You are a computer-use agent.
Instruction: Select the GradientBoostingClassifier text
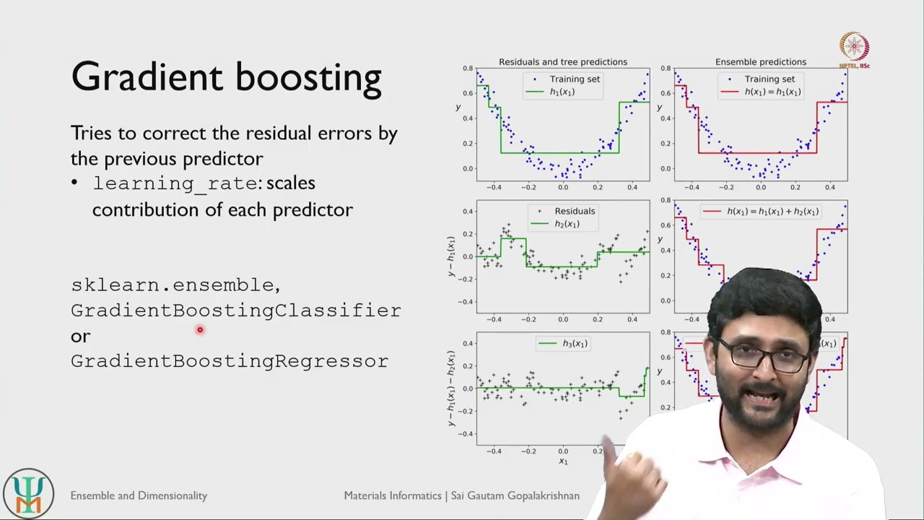235,311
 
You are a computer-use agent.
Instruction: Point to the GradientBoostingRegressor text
230,361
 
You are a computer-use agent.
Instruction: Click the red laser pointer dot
200,330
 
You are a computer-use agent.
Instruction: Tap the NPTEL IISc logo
854,50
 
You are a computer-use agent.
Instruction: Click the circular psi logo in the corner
28,494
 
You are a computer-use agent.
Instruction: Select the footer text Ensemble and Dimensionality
139,495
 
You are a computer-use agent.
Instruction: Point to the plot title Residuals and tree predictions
563,62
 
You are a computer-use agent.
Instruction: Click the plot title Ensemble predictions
761,62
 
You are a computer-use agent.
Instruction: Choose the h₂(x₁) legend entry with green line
555,224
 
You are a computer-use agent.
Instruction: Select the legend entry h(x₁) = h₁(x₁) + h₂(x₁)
762,212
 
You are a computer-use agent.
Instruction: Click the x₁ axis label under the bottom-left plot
563,461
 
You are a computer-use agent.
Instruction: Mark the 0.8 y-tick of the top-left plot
468,69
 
